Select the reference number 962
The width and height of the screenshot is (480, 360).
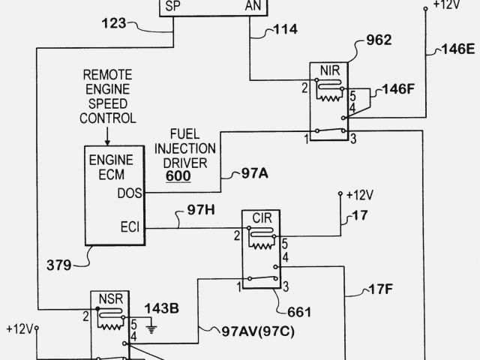[x=379, y=40]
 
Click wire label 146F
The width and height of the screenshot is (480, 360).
[x=397, y=88]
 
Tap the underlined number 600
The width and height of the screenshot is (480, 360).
[x=178, y=176]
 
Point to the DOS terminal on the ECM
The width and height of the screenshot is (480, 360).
[x=129, y=193]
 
